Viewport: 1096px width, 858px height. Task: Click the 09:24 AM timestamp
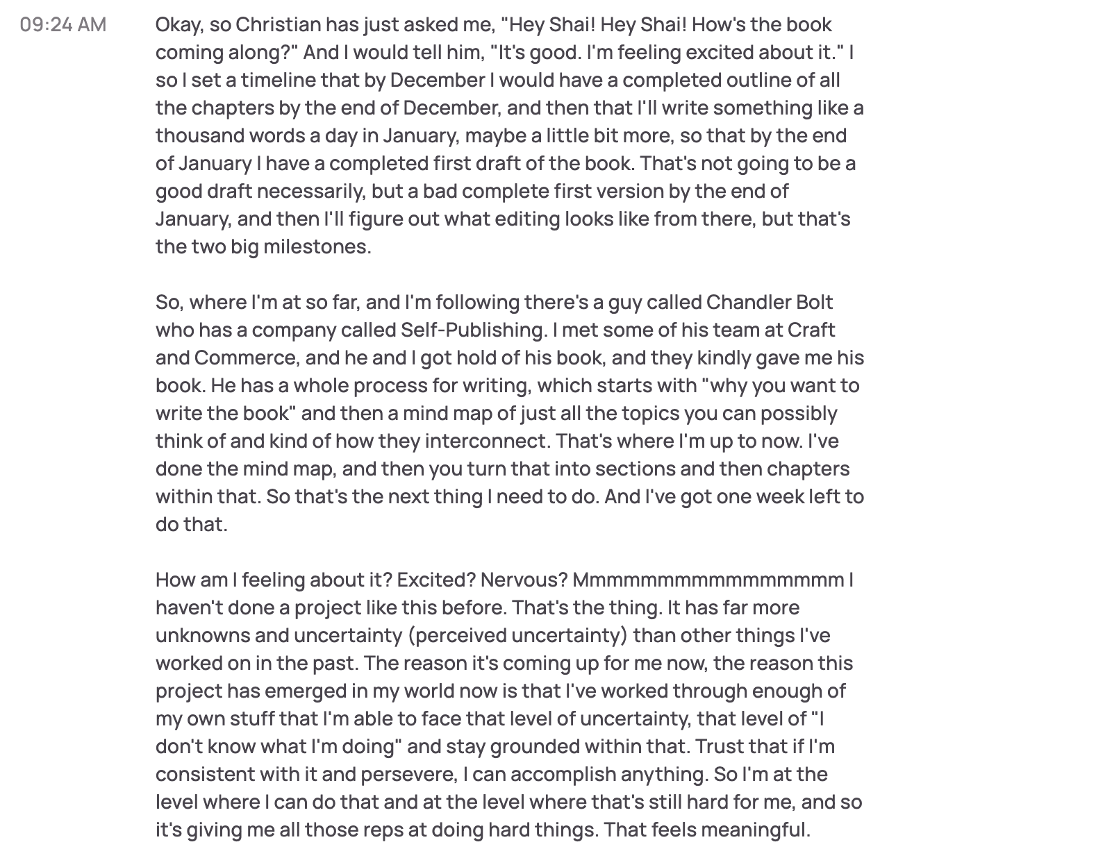[x=63, y=25]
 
